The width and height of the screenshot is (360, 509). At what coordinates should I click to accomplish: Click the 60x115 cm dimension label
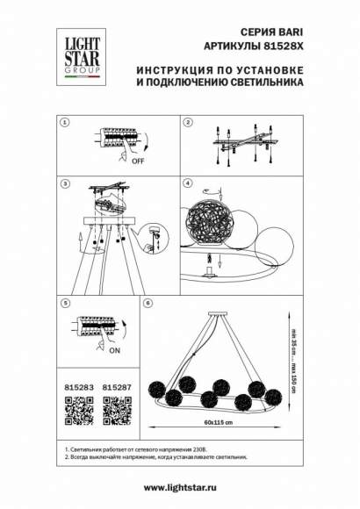click(x=217, y=422)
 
